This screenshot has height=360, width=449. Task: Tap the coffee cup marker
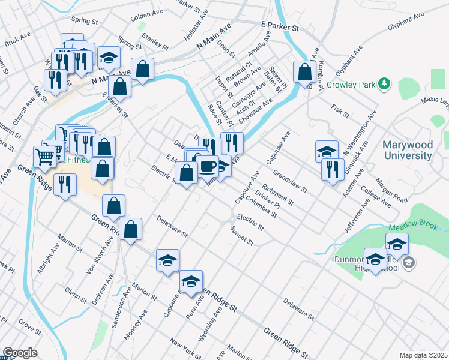[x=208, y=167]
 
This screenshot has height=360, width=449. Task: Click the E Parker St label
[x=279, y=27]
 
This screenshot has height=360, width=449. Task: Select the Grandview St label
[x=289, y=181]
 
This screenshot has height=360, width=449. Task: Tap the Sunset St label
[x=242, y=236]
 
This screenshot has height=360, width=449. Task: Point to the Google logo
[x=20, y=353]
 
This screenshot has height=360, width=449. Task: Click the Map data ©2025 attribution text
[x=423, y=355]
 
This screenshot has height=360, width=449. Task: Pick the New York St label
[x=185, y=349]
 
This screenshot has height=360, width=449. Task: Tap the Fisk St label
[x=340, y=110]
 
